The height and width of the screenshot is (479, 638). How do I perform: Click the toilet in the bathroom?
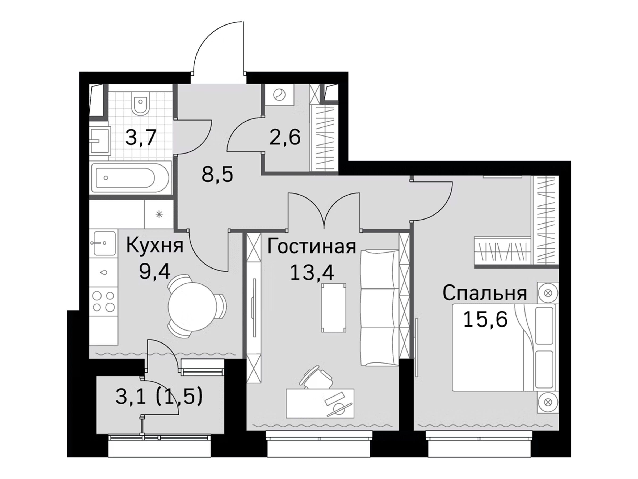point(140,102)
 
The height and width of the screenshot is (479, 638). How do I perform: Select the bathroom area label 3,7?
point(141,138)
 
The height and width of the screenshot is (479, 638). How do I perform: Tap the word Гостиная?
point(312,246)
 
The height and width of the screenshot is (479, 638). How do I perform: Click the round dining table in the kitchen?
point(191,306)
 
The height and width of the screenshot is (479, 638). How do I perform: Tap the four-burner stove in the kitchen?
point(103,301)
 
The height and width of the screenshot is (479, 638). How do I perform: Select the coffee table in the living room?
point(334,308)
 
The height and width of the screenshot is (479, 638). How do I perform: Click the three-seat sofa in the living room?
point(380,308)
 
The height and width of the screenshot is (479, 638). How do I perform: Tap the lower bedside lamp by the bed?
point(547,402)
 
